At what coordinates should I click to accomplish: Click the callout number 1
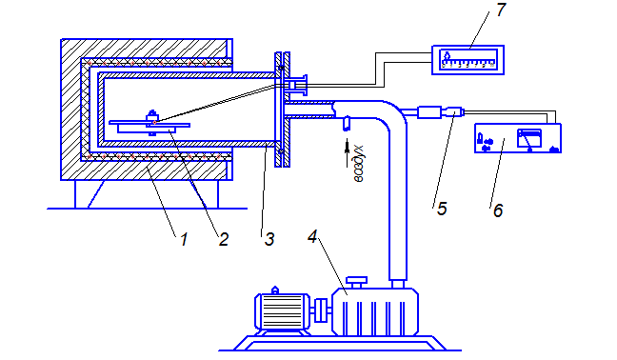tap(184, 239)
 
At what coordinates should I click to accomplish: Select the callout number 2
tap(224, 239)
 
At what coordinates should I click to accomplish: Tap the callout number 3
tap(269, 239)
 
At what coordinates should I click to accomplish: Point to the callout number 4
tap(312, 236)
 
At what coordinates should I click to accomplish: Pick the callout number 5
tap(442, 209)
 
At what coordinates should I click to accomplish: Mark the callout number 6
tap(498, 210)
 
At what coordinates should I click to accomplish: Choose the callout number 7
tap(501, 10)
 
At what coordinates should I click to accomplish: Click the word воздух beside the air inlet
tap(358, 164)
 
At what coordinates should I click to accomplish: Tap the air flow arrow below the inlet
tap(347, 153)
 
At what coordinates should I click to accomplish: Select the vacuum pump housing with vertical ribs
tap(374, 311)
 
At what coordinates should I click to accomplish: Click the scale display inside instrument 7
tap(468, 59)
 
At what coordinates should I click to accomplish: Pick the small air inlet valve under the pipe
tap(347, 124)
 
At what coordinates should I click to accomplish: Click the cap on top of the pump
tap(356, 282)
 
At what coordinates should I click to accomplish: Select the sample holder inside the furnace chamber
tap(149, 126)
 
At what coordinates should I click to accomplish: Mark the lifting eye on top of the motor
tap(275, 290)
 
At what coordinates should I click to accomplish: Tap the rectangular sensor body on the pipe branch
tap(429, 112)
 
